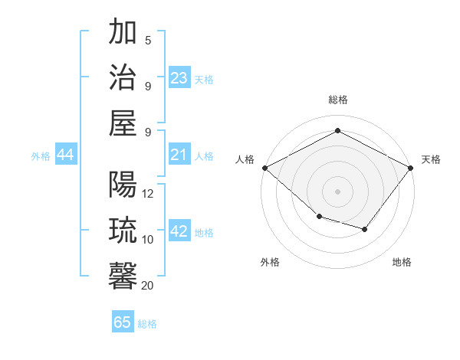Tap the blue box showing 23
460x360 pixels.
pos(179,77)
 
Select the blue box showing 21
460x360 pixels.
pos(179,155)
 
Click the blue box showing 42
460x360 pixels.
pos(179,232)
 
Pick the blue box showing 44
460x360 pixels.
pos(66,155)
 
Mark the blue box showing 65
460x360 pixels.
pos(123,322)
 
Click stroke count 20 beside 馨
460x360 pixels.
pos(147,285)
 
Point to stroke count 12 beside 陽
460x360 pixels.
pos(148,194)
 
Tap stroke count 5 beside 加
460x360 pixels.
pos(148,41)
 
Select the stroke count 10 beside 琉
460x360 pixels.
pos(148,240)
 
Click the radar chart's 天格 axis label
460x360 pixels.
pos(431,159)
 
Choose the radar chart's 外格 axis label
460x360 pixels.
pos(270,262)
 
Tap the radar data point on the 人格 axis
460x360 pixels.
pos(264,168)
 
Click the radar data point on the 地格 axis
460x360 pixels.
pos(365,229)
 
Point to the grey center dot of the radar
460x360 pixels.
pos(337,191)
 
